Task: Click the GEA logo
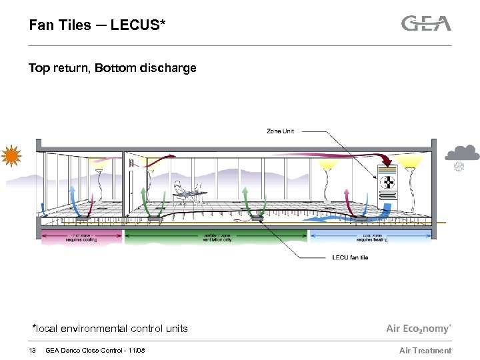point(426,23)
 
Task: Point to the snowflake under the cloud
point(458,167)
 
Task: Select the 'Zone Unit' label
point(280,131)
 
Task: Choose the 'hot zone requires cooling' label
point(82,237)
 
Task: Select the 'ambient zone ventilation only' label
point(216,237)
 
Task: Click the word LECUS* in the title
point(139,25)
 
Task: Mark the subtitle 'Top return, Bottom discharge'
point(112,68)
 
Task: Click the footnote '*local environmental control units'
point(110,328)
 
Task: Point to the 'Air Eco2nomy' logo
point(419,329)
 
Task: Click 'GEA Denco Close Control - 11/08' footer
point(95,351)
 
